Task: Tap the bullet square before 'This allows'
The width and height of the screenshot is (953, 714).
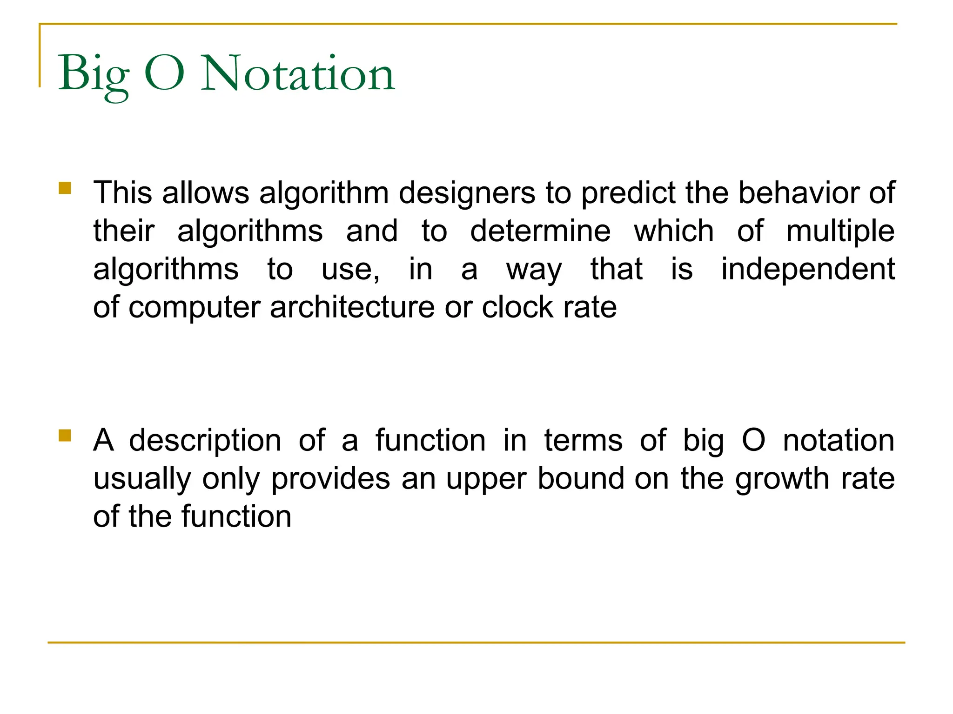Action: point(65,188)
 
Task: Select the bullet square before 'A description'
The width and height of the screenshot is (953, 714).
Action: point(65,436)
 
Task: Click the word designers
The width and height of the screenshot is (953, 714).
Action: point(467,193)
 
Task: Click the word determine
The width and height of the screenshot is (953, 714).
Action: point(540,231)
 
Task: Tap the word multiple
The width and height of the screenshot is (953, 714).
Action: point(840,232)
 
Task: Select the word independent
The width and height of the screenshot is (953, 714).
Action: point(808,270)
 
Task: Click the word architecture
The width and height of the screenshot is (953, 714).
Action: point(352,307)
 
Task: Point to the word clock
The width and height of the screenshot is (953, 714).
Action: point(517,307)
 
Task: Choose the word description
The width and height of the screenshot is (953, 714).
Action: point(205,441)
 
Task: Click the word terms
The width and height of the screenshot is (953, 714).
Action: point(583,441)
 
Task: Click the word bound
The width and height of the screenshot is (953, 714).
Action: point(581,479)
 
